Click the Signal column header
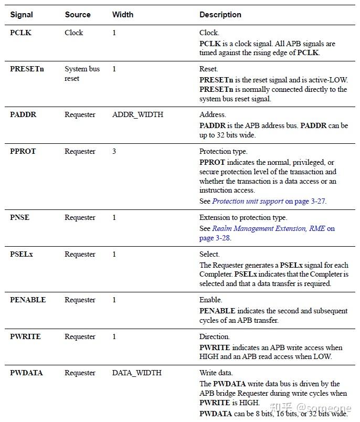pyautogui.click(x=22, y=15)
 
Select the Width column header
pyautogui.click(x=122, y=15)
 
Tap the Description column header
pyautogui.click(x=220, y=15)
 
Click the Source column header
pyautogui.click(x=78, y=15)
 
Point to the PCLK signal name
pyautogui.click(x=21, y=33)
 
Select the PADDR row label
pyautogui.click(x=23, y=114)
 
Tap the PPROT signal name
pyautogui.click(x=23, y=151)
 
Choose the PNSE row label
pyautogui.click(x=20, y=217)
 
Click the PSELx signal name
pyautogui.click(x=22, y=254)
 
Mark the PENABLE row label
pyautogui.click(x=28, y=300)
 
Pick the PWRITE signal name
pyautogui.click(x=25, y=336)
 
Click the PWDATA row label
pyautogui.click(x=26, y=373)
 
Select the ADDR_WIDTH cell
pyautogui.click(x=137, y=114)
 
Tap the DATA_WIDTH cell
pyautogui.click(x=136, y=373)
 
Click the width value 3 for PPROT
pyautogui.click(x=114, y=151)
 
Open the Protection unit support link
pyautogui.click(x=248, y=201)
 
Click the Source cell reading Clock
pyautogui.click(x=74, y=33)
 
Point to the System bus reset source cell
pyautogui.click(x=82, y=73)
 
